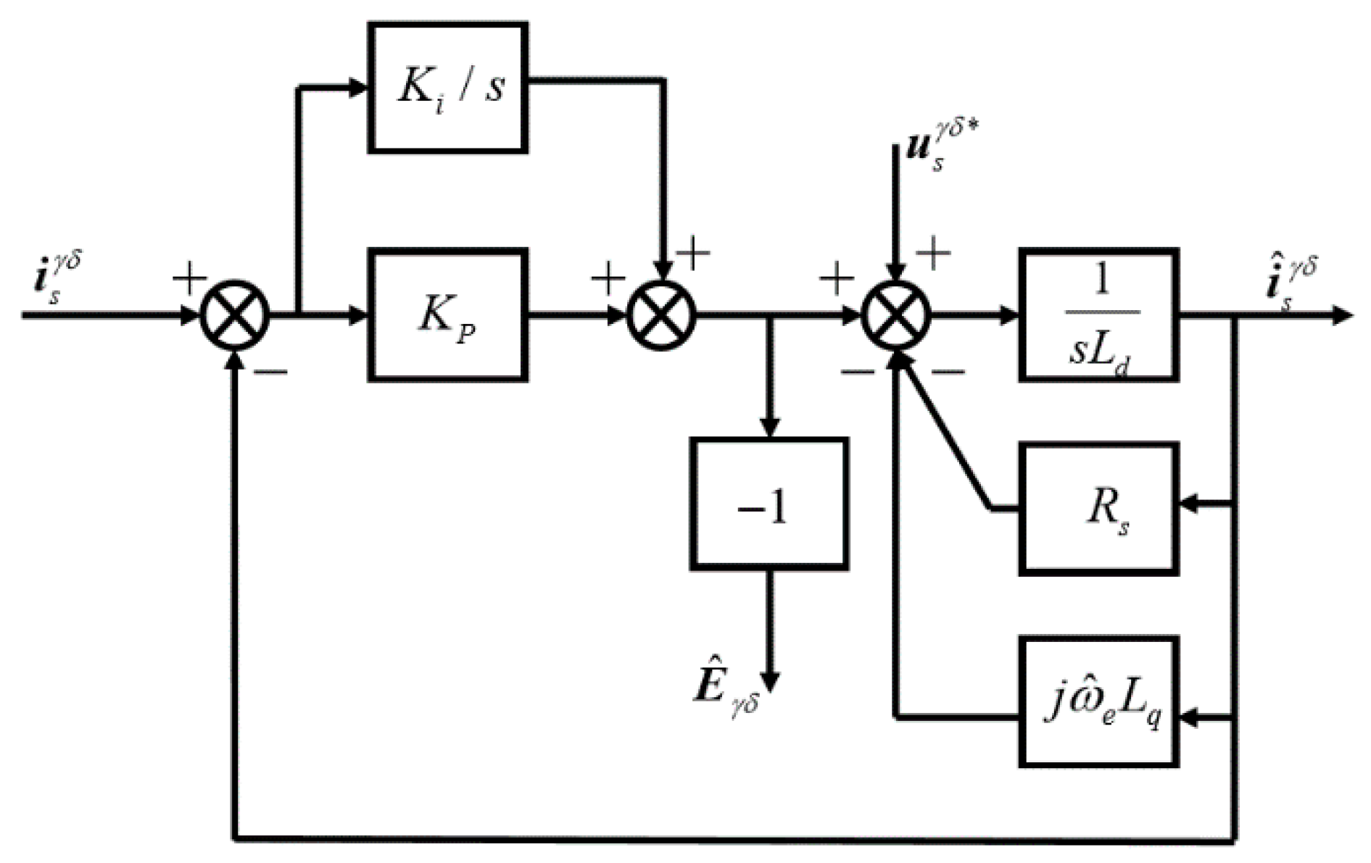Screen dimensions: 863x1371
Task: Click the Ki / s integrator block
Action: (447, 88)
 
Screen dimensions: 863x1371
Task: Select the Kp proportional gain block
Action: (447, 314)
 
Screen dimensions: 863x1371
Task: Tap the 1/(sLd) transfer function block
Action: (1098, 314)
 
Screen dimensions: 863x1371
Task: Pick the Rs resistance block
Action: (1098, 509)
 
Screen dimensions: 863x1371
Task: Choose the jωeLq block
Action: (1098, 702)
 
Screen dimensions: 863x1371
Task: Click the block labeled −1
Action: (769, 504)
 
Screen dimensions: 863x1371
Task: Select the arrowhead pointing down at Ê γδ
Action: (769, 681)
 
